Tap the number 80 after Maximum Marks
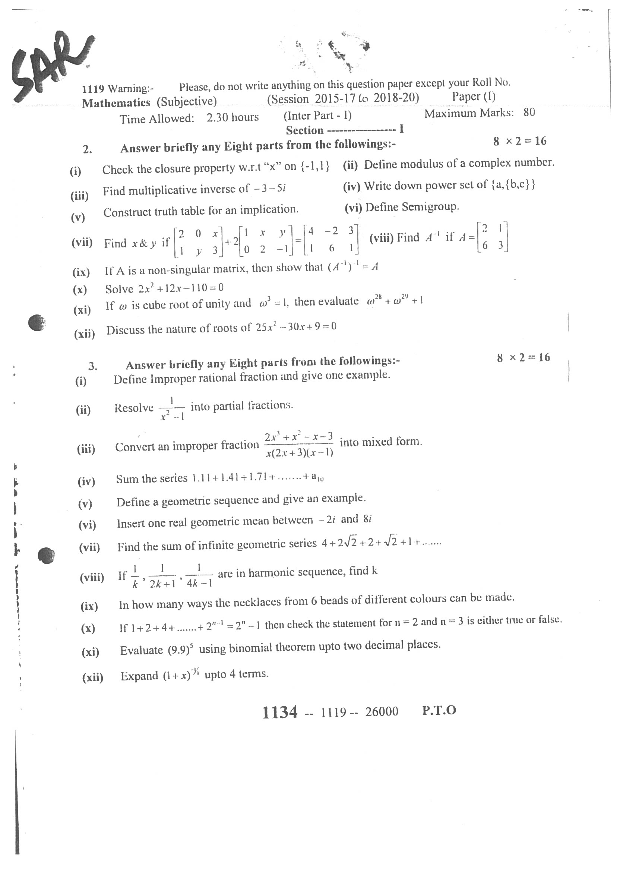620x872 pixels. pyautogui.click(x=529, y=112)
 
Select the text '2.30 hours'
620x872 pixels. pyautogui.click(x=232, y=117)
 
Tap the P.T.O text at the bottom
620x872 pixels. pyautogui.click(x=439, y=711)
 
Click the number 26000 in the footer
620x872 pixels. pyautogui.click(x=382, y=712)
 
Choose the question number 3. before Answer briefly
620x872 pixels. pyautogui.click(x=93, y=367)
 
